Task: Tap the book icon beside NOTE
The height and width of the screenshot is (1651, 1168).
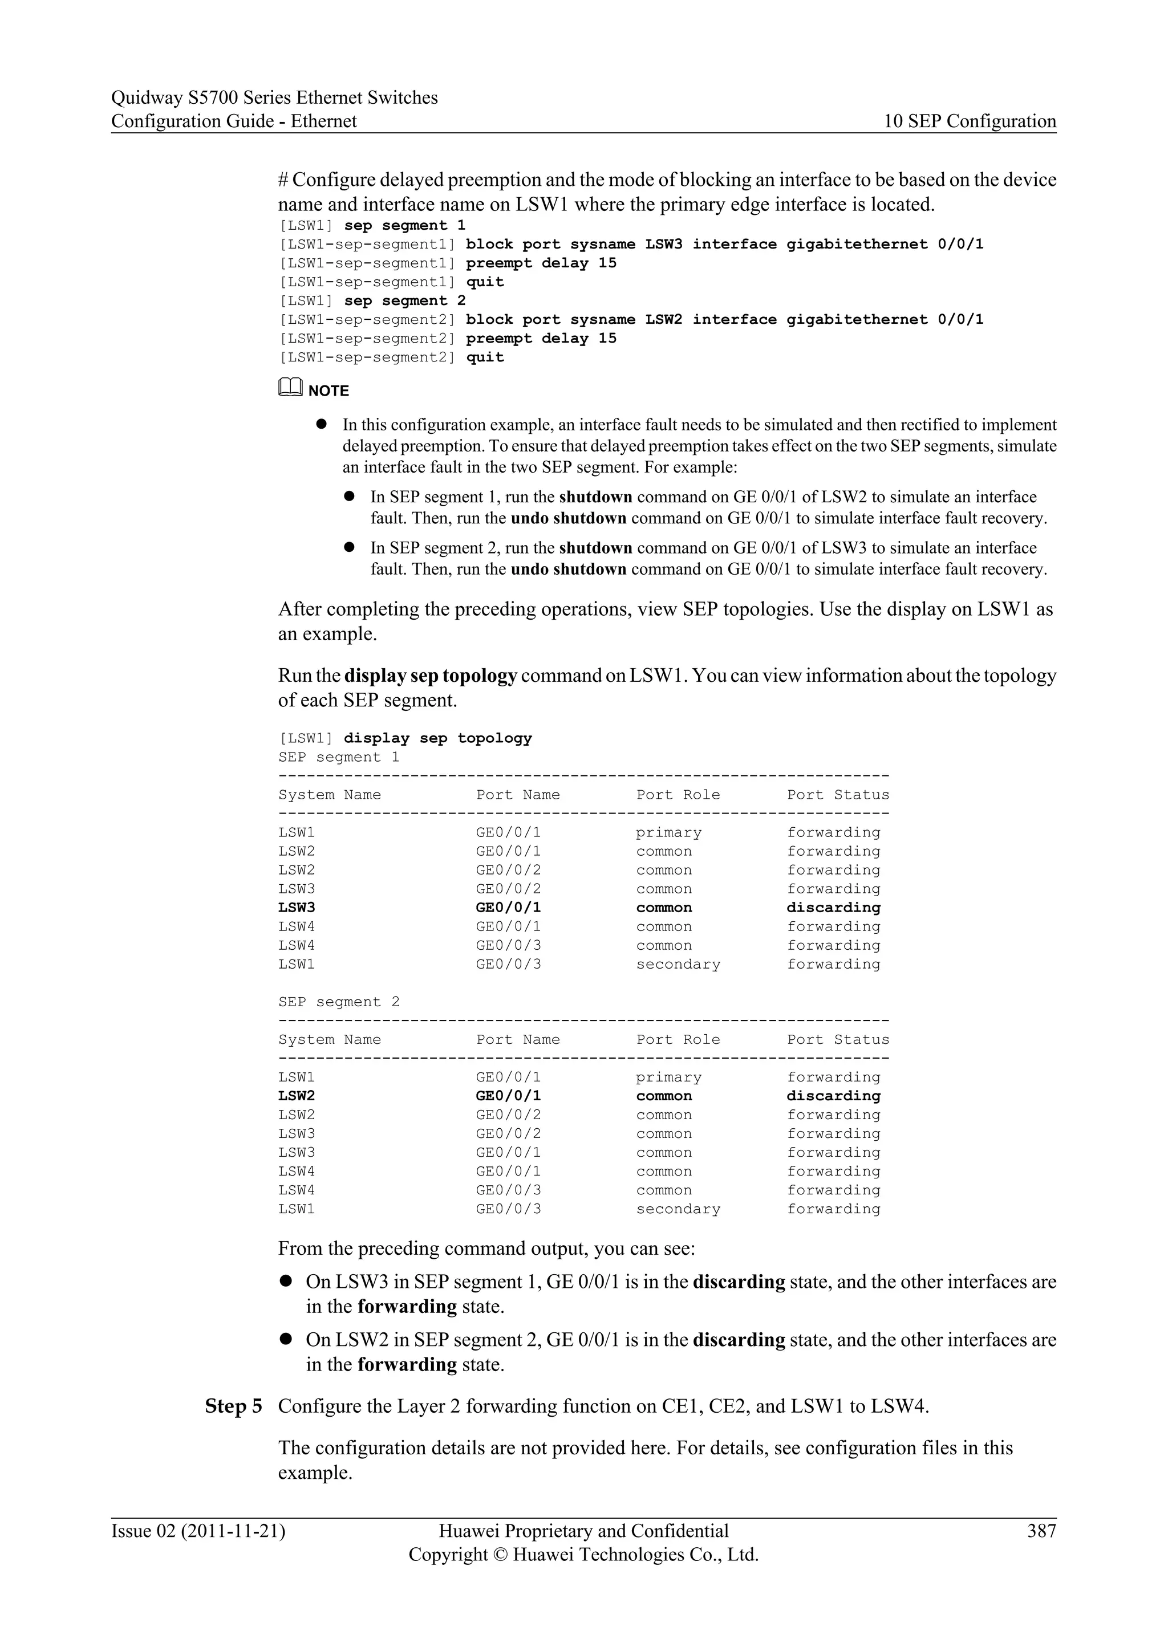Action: pos(290,388)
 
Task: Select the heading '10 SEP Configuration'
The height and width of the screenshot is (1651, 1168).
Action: pos(970,121)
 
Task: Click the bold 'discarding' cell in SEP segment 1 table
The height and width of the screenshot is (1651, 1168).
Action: pos(833,908)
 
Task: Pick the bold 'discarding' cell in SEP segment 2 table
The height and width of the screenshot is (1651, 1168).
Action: pos(833,1096)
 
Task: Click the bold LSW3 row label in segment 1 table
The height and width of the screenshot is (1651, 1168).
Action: pos(297,908)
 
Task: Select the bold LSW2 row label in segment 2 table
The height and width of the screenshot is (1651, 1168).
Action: pos(297,1096)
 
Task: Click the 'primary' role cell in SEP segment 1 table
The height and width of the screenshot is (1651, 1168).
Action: pos(668,833)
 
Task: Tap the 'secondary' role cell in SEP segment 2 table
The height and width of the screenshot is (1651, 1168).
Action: pos(678,1209)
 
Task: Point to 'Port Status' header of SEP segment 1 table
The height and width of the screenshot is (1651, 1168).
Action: pos(837,795)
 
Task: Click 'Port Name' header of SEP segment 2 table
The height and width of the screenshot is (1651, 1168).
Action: pos(518,1039)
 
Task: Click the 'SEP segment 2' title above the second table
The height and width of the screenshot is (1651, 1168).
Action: pos(339,1002)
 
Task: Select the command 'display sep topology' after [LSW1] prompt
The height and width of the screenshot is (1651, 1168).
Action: pos(437,738)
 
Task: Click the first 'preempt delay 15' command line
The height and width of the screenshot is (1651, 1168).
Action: pos(541,263)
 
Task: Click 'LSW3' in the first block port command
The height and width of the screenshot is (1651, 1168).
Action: pos(663,245)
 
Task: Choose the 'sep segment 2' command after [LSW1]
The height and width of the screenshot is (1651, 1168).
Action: pos(404,300)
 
